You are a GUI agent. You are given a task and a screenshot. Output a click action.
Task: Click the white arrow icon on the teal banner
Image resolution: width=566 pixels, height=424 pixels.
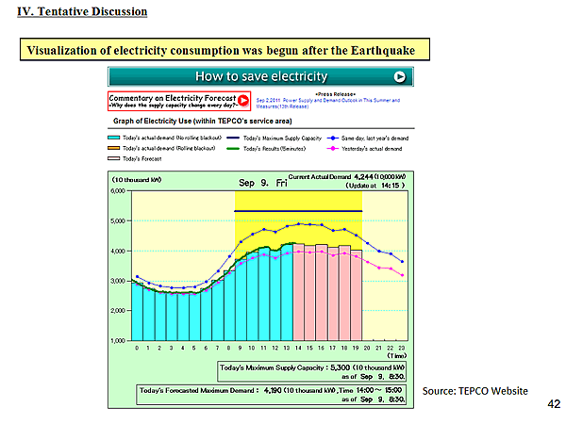point(400,76)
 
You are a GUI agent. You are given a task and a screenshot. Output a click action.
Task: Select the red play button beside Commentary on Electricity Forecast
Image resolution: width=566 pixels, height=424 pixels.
point(243,100)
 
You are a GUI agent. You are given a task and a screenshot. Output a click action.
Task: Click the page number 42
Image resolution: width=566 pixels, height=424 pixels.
point(554,403)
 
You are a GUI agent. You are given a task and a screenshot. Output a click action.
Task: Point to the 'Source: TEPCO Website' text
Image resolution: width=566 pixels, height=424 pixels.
point(474,390)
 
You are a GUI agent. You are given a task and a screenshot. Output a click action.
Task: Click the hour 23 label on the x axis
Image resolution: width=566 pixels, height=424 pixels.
point(402,349)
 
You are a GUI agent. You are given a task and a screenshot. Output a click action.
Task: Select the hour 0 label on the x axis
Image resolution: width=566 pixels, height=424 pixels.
point(137,349)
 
